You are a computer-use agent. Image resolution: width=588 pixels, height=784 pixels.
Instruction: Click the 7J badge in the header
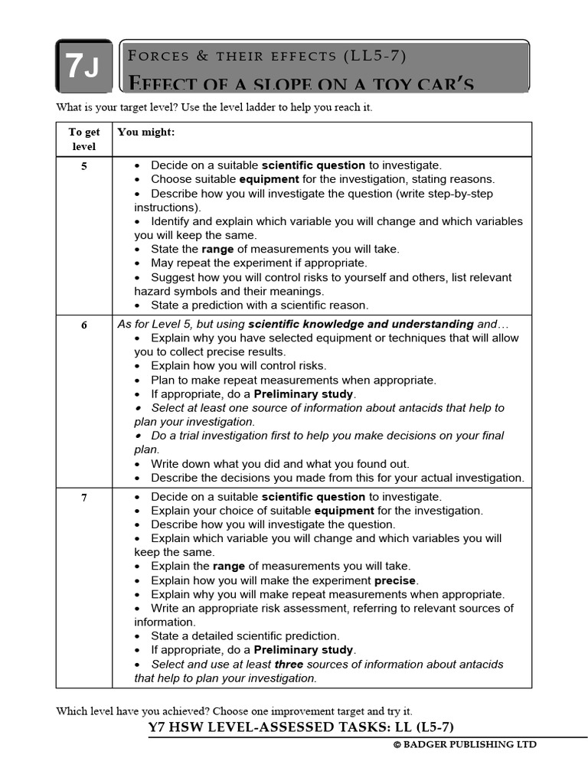83,67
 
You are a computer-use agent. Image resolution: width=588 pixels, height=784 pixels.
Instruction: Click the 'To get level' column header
84,139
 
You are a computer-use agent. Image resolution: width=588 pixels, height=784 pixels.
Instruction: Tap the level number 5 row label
84,166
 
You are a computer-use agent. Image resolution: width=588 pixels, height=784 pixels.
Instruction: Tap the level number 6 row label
84,325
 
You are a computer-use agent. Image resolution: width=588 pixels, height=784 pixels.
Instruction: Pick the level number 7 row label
84,498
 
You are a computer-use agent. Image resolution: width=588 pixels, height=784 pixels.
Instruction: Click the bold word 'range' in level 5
217,249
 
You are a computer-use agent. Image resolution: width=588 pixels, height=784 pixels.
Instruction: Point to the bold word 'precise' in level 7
396,580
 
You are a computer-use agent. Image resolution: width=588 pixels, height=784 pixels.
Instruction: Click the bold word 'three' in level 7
289,664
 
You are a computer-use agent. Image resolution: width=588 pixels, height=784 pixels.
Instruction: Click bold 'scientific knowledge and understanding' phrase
361,324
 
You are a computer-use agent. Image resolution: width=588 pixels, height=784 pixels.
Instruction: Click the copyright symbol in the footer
397,744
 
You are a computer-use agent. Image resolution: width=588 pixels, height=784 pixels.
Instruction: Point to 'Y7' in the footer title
159,727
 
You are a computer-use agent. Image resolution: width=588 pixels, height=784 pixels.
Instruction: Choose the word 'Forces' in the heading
156,56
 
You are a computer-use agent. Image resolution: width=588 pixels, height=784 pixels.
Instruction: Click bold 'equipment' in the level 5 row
269,179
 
